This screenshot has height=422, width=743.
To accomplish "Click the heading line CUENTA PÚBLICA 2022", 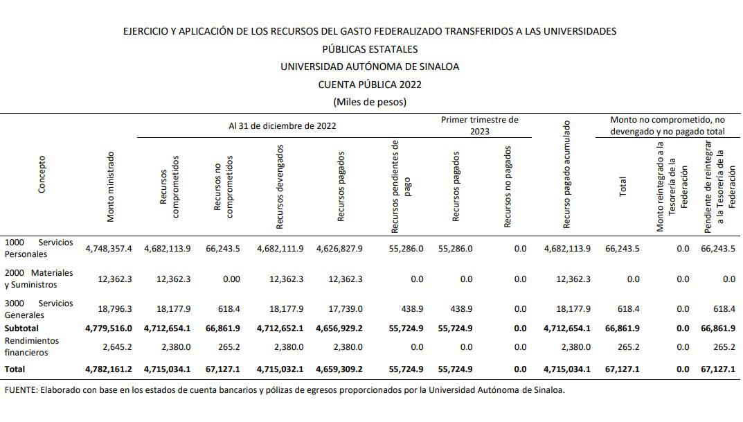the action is pos(370,85).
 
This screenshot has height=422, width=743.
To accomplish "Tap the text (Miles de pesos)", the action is pos(370,102).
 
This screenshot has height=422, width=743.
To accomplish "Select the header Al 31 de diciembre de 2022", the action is pos(283,126).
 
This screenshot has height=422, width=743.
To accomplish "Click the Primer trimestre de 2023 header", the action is pos(480,125).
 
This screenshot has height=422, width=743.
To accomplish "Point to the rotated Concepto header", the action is pos(42,174).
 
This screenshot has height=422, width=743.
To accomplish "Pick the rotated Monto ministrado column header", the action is pos(110,187).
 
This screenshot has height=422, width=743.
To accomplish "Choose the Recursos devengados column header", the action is pos(280,186).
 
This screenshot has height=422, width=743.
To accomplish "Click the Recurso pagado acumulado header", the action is pos(566,175).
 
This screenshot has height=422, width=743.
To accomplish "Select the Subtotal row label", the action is pos(22,328).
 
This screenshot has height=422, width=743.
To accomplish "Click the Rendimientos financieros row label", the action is pos(32,346).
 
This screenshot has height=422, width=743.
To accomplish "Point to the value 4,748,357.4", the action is pos(108,248).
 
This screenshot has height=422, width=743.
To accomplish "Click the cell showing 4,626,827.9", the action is pos(339,248).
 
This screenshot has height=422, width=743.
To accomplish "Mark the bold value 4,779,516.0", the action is pos(108,328).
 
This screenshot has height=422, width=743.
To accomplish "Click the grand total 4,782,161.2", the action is pos(108,369).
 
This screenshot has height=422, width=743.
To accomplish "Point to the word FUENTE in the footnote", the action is pos(21,390).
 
